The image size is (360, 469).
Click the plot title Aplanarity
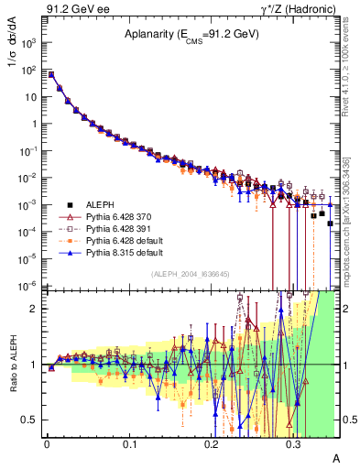point(191,34)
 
